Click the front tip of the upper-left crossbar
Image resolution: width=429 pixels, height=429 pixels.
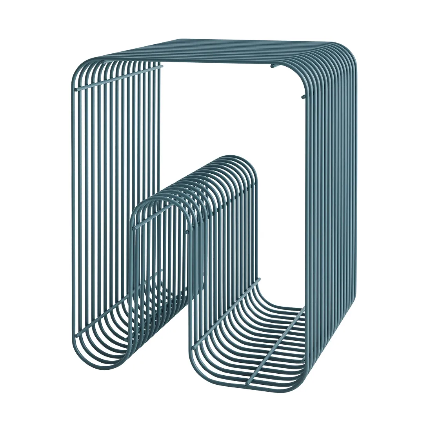[x=76, y=90]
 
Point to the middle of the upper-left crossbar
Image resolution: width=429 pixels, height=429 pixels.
[x=118, y=78]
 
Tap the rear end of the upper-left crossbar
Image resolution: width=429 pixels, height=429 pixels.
[x=161, y=67]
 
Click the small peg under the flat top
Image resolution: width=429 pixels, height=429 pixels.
[x=272, y=66]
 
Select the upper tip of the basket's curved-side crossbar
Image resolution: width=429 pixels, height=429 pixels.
[x=259, y=280]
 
